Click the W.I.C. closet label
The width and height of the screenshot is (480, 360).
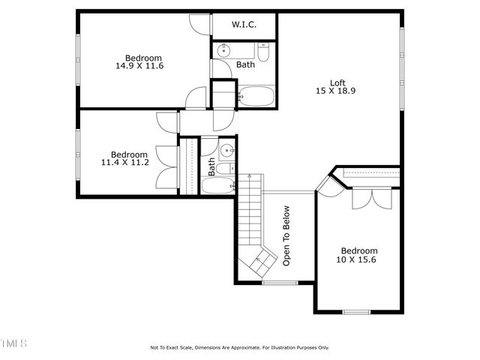tap(244, 25)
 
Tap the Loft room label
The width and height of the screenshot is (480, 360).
tap(337, 82)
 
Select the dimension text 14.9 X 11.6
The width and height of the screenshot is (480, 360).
tap(139, 65)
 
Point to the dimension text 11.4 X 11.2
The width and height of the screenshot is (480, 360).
tap(125, 162)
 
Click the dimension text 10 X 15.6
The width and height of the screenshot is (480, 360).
tap(356, 259)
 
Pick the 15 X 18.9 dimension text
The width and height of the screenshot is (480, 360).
tap(335, 91)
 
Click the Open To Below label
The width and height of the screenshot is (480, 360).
tap(286, 235)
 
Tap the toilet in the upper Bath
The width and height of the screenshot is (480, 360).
tap(263, 52)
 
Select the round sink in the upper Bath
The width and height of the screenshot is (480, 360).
tap(223, 50)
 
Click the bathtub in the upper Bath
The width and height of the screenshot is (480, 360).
tap(256, 97)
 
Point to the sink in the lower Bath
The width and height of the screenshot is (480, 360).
tap(227, 150)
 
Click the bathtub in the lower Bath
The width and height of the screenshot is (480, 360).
tap(218, 185)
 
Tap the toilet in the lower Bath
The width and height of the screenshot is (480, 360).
tap(225, 169)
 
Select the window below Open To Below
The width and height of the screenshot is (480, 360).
tap(280, 283)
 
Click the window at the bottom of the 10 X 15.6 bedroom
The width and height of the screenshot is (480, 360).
tap(356, 312)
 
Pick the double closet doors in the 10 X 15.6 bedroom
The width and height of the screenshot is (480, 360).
tap(372, 198)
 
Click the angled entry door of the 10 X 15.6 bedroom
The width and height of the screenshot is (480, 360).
tap(330, 187)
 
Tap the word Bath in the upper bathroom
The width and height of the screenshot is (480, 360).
tap(245, 64)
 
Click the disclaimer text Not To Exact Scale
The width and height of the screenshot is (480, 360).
tap(172, 348)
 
